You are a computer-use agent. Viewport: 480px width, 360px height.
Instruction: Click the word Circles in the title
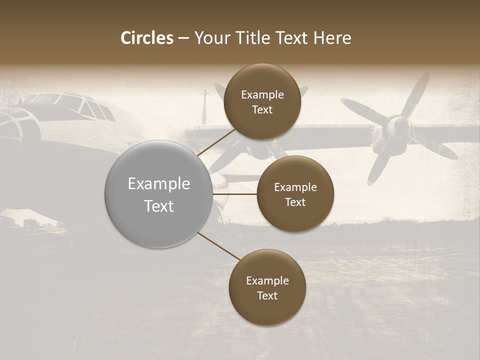tap(147, 38)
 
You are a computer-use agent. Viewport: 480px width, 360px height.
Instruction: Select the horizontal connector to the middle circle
tap(234, 194)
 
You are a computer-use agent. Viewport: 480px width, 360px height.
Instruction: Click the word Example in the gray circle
tap(159, 184)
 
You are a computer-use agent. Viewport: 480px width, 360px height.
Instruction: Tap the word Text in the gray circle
tap(159, 206)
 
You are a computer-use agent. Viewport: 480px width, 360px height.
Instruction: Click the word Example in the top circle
tap(262, 95)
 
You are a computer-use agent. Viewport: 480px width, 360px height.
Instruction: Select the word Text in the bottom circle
tap(267, 295)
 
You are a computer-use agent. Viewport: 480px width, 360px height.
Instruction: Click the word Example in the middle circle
tap(295, 187)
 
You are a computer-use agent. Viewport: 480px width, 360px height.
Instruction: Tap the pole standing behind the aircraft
tap(204, 107)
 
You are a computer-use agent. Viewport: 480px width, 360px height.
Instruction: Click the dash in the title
tap(183, 38)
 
